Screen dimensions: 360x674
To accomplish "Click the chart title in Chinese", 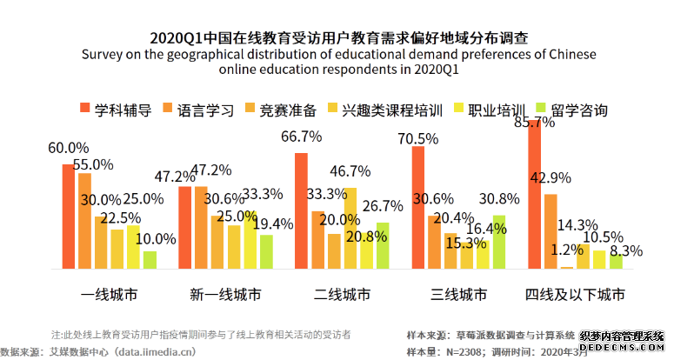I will pyautogui.click(x=338, y=38).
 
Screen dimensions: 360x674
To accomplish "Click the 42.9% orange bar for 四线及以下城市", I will pyautogui.click(x=551, y=230).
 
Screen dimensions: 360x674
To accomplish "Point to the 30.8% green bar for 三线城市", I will pyautogui.click(x=498, y=242).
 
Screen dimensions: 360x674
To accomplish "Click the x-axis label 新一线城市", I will pyautogui.click(x=224, y=294).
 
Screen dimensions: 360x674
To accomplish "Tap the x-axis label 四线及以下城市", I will pyautogui.click(x=575, y=294).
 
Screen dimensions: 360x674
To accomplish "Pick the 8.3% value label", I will pyautogui.click(x=626, y=250).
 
